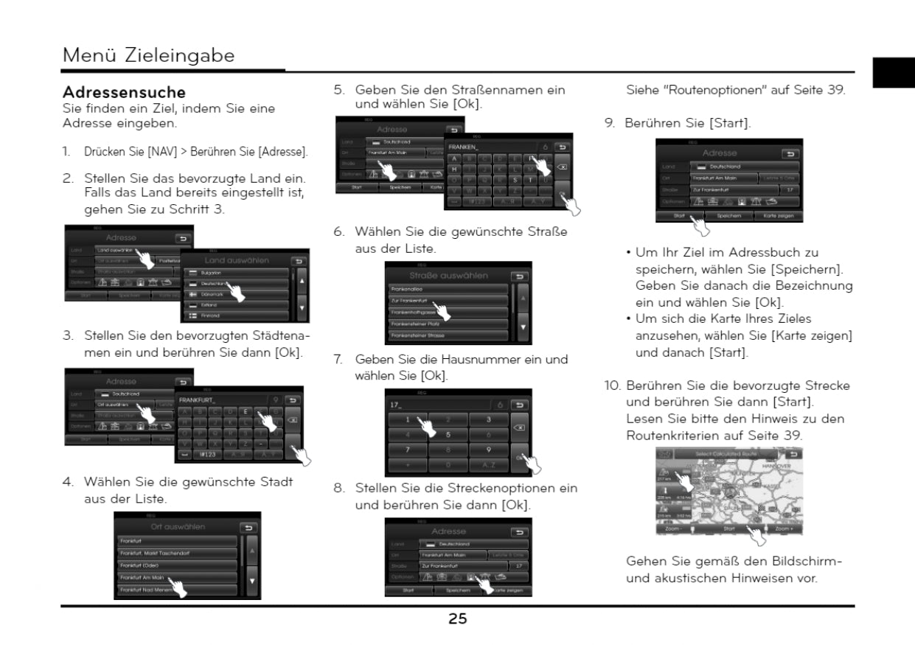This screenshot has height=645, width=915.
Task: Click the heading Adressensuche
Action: click(x=124, y=94)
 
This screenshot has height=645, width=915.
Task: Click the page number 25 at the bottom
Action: click(x=457, y=619)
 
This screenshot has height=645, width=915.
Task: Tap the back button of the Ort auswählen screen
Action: click(x=249, y=528)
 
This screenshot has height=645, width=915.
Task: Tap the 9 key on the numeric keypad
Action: click(x=489, y=449)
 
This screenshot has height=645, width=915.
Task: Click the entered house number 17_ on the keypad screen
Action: click(x=398, y=405)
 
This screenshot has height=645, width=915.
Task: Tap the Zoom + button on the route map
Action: click(x=783, y=529)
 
